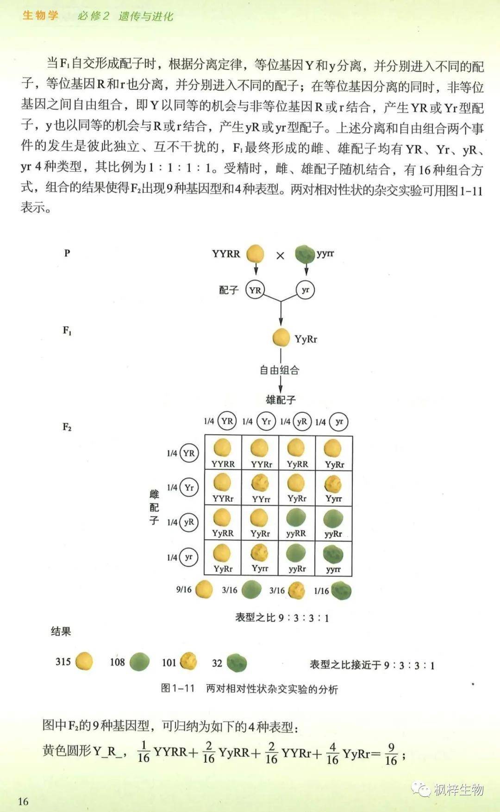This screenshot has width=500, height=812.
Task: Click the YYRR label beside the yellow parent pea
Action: [226, 254]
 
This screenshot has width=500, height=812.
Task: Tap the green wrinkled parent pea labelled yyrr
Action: [304, 254]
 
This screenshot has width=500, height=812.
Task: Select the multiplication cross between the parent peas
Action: [280, 255]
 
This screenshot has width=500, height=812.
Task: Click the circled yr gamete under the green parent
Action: [305, 290]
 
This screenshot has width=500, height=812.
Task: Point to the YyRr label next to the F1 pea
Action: [306, 339]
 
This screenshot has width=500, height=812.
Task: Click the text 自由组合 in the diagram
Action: [279, 370]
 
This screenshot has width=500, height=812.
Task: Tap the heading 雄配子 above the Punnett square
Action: [281, 399]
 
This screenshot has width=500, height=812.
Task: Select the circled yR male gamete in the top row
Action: [302, 421]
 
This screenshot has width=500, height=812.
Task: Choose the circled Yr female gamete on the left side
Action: [189, 487]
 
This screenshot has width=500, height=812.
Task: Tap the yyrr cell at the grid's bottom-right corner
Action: [333, 558]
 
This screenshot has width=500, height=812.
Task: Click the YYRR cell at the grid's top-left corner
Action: [223, 453]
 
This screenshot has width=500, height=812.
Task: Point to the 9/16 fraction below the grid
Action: [184, 590]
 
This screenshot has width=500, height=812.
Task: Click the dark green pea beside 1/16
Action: [341, 591]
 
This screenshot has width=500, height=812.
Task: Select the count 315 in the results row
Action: [63, 662]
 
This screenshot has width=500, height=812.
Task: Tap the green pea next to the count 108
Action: [139, 662]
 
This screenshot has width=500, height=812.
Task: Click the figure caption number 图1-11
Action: [178, 688]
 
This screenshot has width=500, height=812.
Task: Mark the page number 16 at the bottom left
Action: [23, 801]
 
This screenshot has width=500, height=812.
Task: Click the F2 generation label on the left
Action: [67, 427]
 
